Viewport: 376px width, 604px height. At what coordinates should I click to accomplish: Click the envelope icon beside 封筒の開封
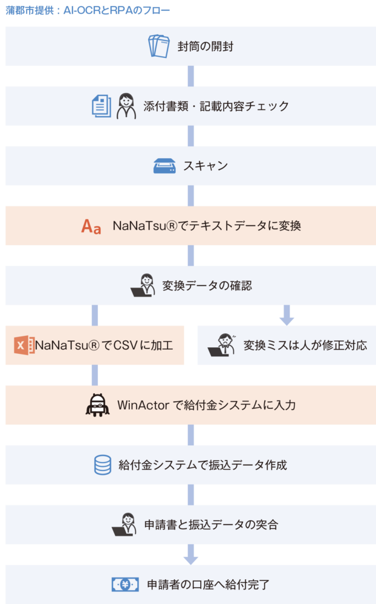coord(160,46)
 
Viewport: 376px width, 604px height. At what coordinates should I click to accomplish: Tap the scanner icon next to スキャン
coord(164,165)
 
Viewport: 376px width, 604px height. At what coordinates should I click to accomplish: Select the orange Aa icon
coord(91,226)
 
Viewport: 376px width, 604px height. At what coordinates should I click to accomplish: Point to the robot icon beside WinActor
coord(97,405)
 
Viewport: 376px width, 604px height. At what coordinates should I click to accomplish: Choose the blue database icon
coord(103,464)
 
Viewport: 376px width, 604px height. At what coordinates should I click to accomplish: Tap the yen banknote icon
coord(126,584)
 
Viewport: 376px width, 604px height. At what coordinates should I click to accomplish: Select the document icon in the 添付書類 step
coord(102,106)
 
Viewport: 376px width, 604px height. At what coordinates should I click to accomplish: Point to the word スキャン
coord(206,165)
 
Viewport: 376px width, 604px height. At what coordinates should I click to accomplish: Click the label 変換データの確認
coord(207,285)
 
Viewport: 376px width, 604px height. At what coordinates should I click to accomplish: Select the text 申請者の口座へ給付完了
coord(209,584)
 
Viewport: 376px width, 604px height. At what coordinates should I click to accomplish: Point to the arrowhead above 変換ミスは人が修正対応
coord(287,319)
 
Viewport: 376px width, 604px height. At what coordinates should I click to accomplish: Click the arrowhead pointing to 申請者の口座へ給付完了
coord(190,558)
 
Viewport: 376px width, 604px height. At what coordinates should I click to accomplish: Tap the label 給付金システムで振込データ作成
coord(203,465)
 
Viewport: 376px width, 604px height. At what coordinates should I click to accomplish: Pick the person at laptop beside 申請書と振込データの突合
coord(124,524)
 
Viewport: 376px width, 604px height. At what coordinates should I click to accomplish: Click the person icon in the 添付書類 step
coord(126,106)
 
